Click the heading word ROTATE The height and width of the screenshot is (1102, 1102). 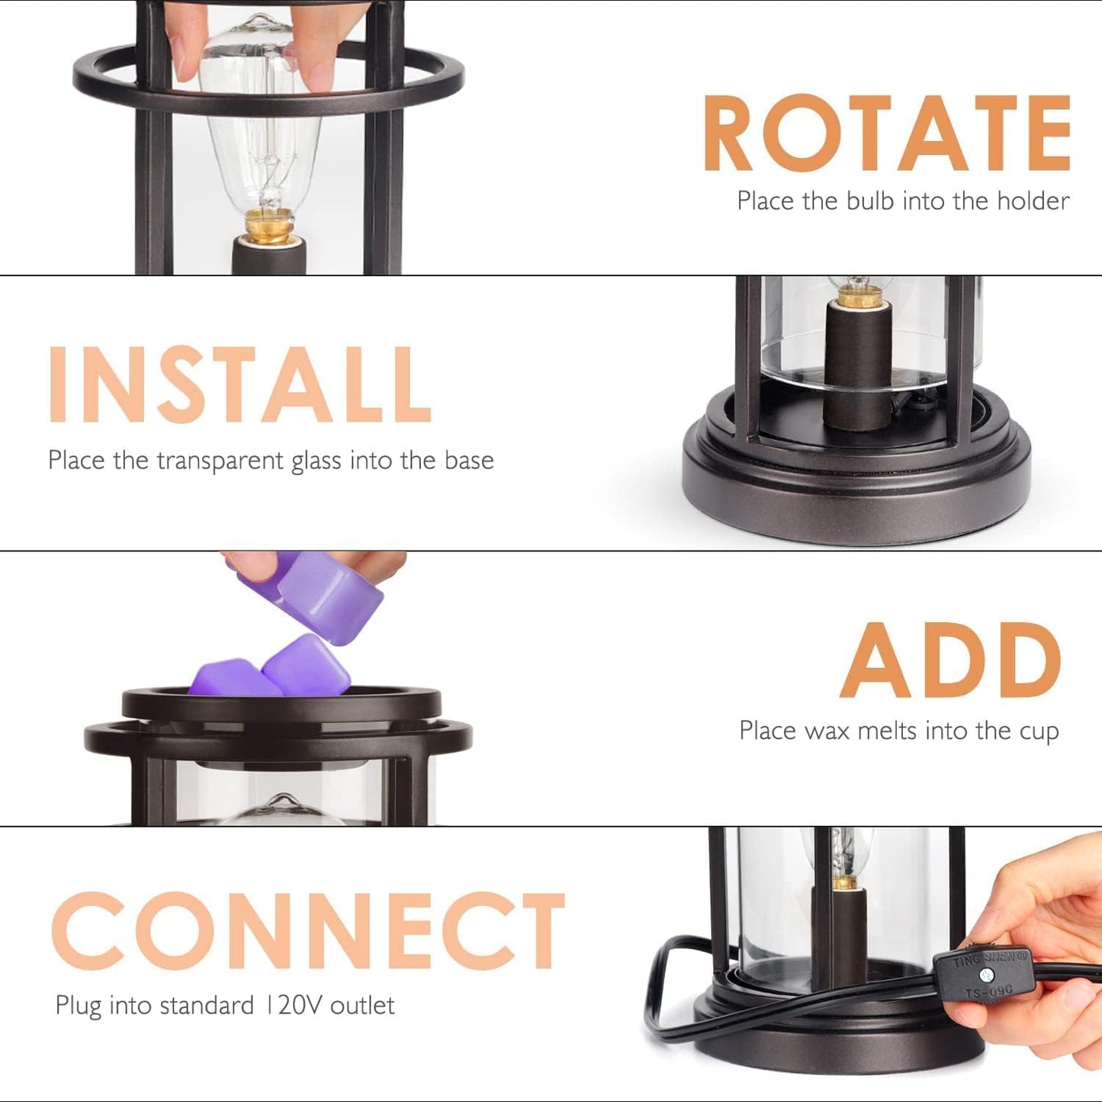[886, 133]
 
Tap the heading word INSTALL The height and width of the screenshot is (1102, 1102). [240, 385]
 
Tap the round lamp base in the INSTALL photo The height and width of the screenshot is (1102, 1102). [856, 473]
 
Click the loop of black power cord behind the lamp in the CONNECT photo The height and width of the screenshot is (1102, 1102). [671, 984]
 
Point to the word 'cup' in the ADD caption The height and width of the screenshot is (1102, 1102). [1039, 732]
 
